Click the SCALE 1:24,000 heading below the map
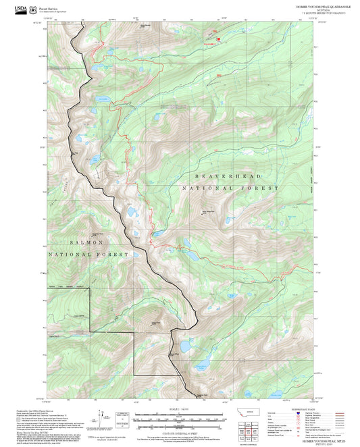tap(180, 409)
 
